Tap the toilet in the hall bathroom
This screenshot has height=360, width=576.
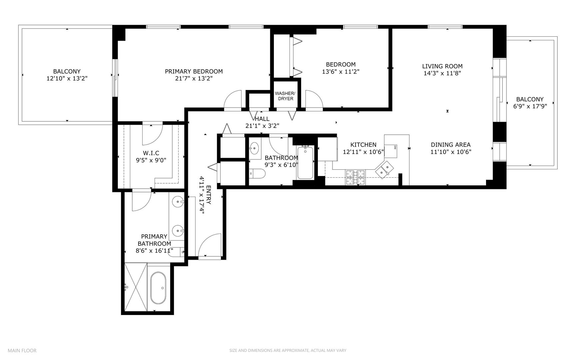click(257, 173)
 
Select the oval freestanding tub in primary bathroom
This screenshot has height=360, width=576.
click(158, 288)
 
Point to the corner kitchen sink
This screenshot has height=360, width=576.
click(384, 168)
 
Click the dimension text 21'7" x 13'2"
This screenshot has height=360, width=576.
click(194, 78)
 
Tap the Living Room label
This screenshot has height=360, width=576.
click(442, 66)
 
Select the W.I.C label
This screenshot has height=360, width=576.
click(151, 153)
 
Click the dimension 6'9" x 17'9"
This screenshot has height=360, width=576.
click(530, 106)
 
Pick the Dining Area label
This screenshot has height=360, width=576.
click(450, 145)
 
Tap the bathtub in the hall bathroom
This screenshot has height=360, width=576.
click(305, 163)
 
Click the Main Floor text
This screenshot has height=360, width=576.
click(22, 350)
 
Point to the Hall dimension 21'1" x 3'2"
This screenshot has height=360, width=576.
click(262, 126)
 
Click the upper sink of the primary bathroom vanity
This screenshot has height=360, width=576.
click(178, 201)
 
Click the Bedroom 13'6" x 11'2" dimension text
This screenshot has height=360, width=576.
click(340, 71)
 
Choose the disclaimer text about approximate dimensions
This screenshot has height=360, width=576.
click(288, 350)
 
